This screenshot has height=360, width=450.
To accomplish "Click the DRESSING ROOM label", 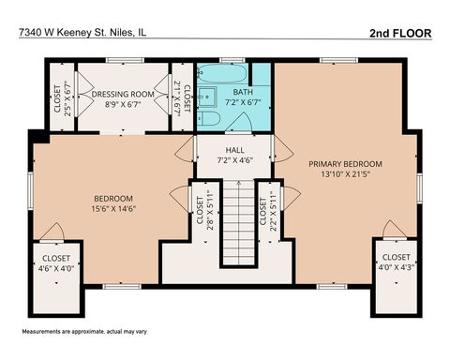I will pos(122,95).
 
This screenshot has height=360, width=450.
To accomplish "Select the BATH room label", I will pos(243,92).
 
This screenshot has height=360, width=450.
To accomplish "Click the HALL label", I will pos(234,150).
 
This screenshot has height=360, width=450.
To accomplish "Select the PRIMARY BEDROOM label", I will pos(346,163).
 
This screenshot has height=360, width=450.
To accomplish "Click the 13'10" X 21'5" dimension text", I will pos(346,174).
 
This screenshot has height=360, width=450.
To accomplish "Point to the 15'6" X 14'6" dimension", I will pos(113,209).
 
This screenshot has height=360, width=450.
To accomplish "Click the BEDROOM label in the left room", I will pos(113,198).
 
